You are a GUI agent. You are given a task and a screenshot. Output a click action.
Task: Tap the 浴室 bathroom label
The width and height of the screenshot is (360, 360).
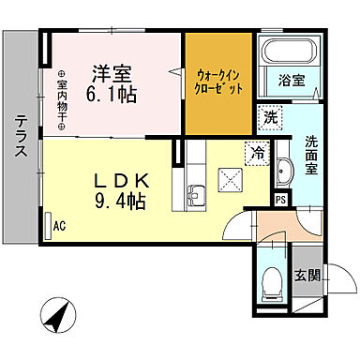292,82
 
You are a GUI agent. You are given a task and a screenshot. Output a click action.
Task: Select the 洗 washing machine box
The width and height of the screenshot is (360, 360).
270,119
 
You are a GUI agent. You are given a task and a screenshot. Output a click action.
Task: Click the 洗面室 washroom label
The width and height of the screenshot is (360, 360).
311,155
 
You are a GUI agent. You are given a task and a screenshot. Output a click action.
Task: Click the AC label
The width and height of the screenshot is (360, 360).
59,225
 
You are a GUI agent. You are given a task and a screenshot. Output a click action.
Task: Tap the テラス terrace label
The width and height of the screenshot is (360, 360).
21,137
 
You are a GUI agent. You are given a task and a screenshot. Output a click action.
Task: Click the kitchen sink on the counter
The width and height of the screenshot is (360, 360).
198,195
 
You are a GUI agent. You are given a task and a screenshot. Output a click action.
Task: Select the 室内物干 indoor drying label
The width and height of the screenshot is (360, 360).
62,100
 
